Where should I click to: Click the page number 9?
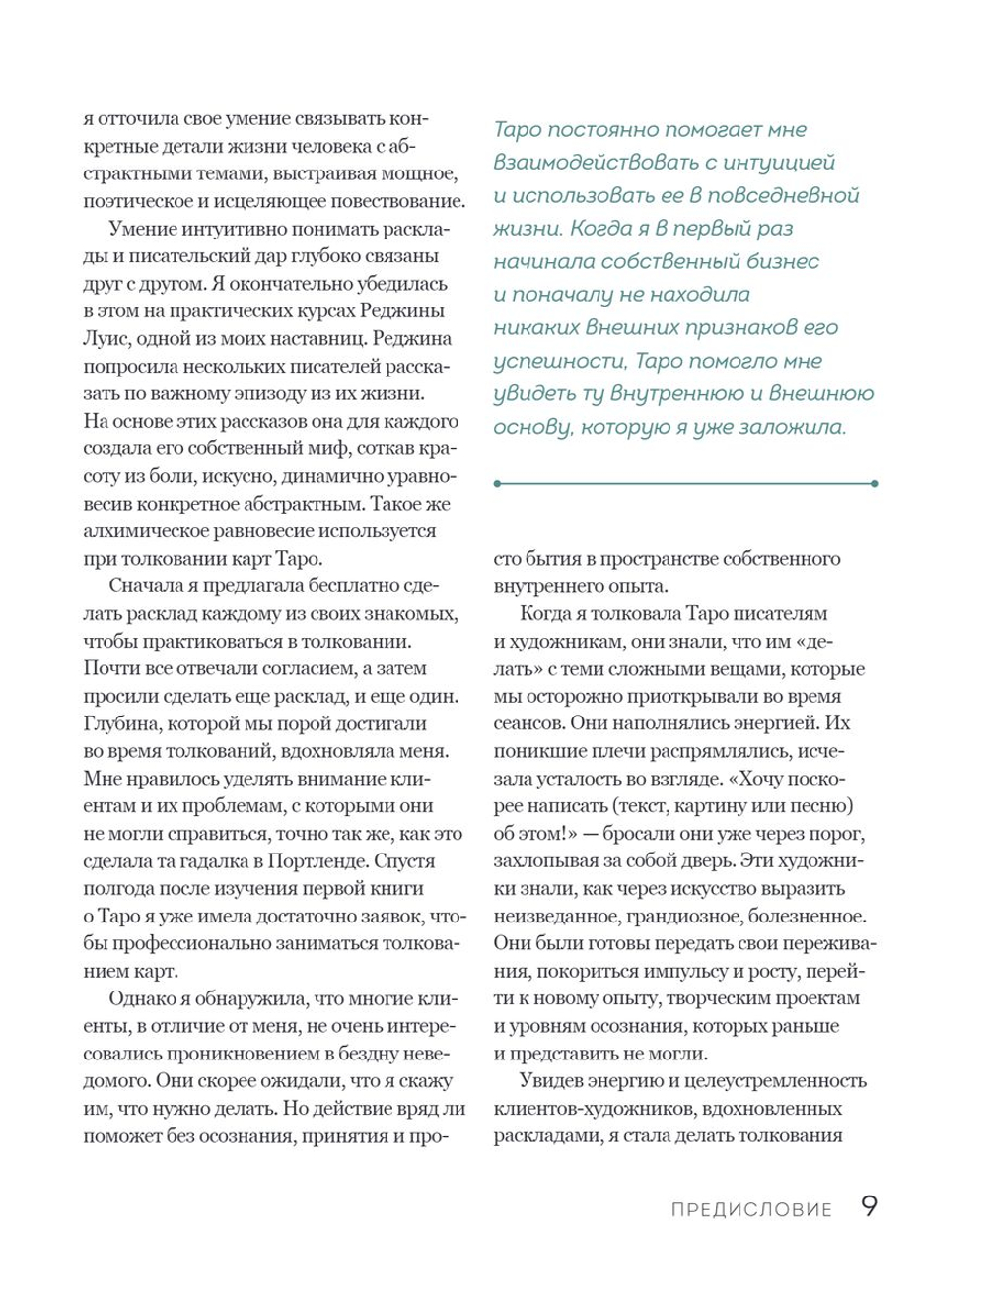(x=868, y=1207)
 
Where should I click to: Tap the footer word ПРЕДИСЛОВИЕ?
(x=751, y=1210)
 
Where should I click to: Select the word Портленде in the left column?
(x=314, y=860)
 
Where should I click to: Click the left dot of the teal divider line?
(x=497, y=483)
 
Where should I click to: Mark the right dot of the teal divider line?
(x=875, y=483)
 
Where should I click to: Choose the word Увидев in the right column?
(x=551, y=1080)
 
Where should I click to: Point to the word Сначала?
(x=144, y=586)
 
